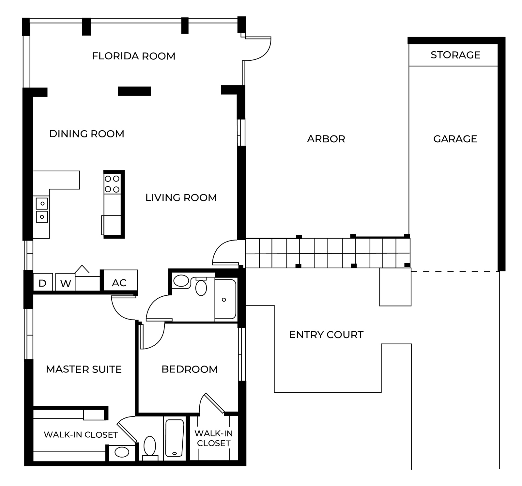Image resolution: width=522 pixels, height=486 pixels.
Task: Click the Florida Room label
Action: [x=133, y=56]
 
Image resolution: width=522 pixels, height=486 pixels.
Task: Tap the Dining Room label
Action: [x=87, y=134]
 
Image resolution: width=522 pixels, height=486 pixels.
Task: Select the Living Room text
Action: [x=181, y=197]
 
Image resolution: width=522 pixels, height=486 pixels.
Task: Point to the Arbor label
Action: [x=326, y=139]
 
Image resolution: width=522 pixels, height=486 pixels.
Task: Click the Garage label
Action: [x=455, y=139]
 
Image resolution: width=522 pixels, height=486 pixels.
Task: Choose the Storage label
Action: [x=455, y=55]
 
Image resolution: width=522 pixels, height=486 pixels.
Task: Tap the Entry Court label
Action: [x=326, y=335]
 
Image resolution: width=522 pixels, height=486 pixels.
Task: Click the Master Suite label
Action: [x=84, y=369]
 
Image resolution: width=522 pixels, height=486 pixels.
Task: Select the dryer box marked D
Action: [x=43, y=282]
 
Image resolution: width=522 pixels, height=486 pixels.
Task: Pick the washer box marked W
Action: [x=66, y=282]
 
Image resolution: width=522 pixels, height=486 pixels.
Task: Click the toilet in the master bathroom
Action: [x=150, y=446]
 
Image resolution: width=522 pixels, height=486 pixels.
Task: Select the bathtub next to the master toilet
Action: [x=174, y=438]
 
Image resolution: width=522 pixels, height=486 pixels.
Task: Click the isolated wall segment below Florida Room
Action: [x=134, y=91]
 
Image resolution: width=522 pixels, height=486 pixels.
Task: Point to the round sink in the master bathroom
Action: [x=122, y=452]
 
